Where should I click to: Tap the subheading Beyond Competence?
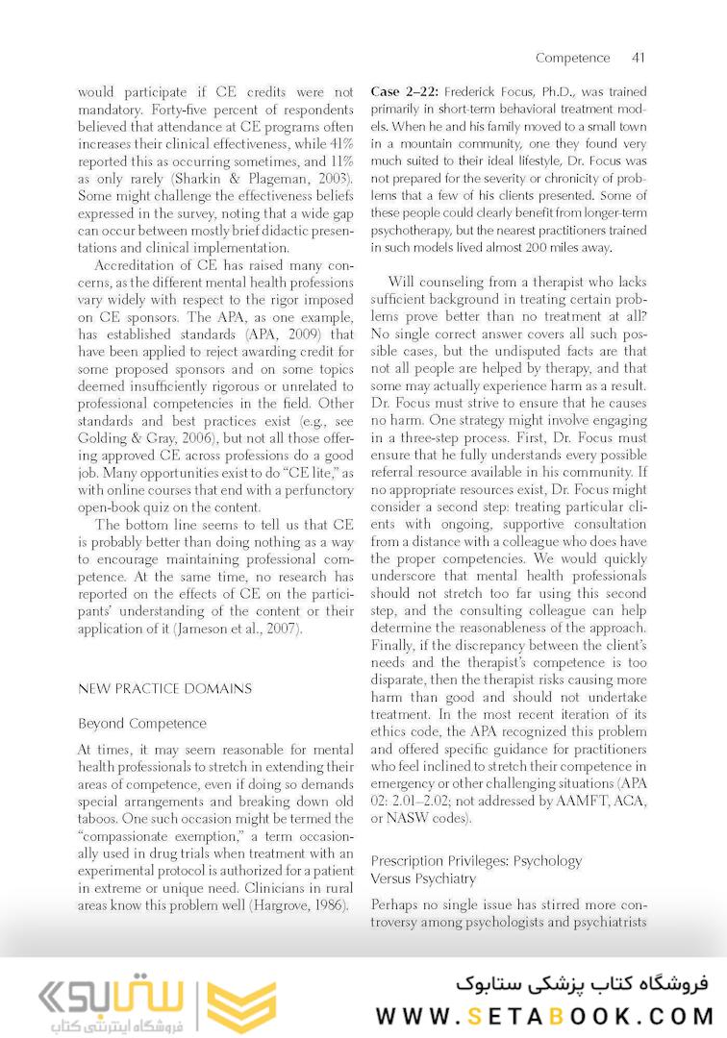pos(141,723)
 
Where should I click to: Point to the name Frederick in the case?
pos(474,92)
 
